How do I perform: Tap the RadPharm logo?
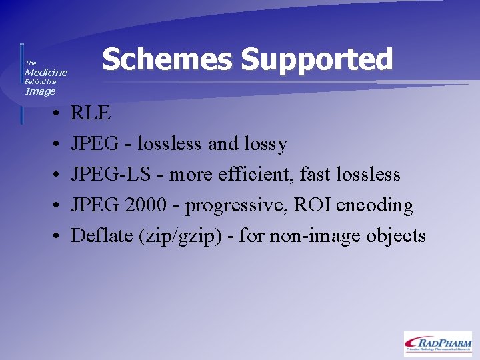point(437,343)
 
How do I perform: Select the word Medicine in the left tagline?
point(46,72)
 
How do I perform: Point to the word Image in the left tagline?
point(40,91)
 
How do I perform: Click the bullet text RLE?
point(91,113)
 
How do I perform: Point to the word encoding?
point(375,205)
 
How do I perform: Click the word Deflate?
point(101,235)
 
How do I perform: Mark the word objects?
point(397,235)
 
